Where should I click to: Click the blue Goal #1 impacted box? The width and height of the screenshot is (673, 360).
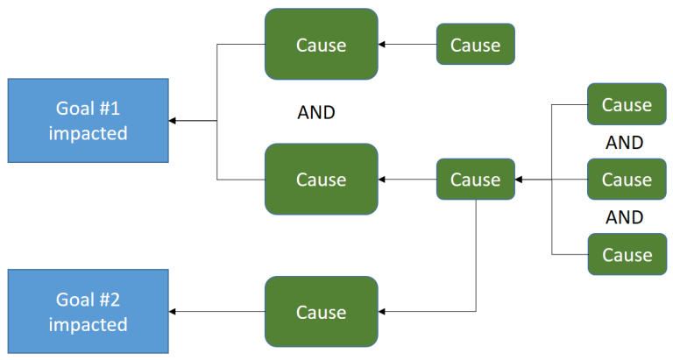88,121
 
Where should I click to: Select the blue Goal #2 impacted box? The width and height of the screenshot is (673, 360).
88,312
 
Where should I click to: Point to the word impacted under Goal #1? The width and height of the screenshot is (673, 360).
88,134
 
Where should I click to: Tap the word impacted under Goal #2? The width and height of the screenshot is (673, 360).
88,325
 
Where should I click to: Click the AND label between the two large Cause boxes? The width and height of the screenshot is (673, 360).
316,113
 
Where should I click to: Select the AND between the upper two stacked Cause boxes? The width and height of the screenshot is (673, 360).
624,142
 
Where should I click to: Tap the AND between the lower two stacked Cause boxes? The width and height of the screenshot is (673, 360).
624,217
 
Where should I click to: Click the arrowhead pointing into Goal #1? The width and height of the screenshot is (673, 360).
173,121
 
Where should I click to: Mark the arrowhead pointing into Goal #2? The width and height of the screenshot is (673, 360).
173,312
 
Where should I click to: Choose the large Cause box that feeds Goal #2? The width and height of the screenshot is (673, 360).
321,312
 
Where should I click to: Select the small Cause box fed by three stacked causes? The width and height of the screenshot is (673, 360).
475,180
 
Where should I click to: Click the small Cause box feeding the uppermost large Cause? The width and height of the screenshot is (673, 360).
475,45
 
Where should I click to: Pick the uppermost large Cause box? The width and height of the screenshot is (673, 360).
321,45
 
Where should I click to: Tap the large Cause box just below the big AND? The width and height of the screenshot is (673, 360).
321,180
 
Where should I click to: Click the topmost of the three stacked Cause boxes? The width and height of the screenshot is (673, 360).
627,105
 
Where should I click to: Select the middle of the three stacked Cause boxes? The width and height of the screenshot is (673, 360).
627,180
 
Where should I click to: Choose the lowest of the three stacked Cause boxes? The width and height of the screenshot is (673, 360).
627,255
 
